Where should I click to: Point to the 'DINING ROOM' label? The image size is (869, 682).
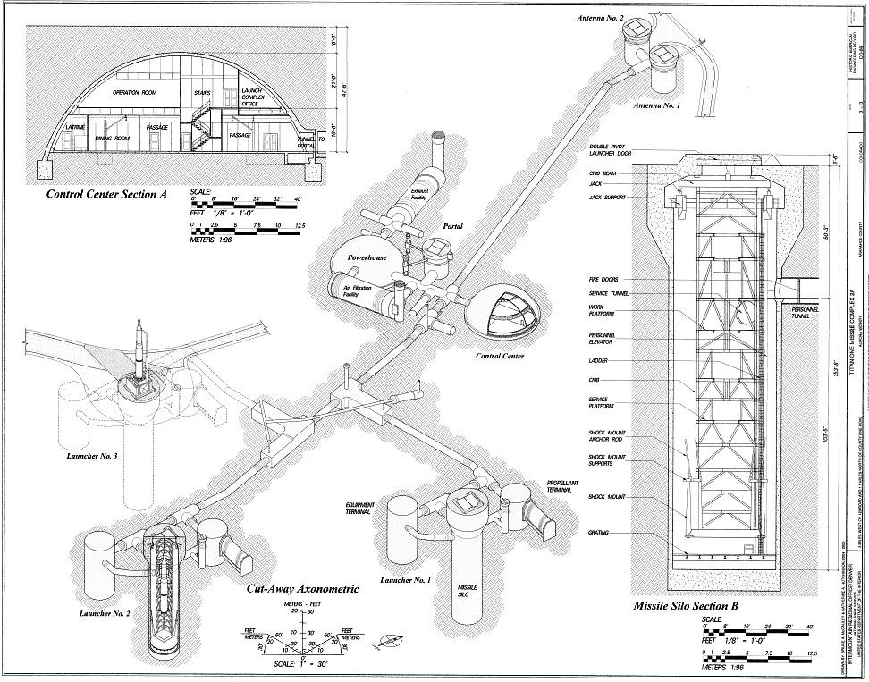pos(114,139)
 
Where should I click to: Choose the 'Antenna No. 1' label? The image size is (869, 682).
pos(657,105)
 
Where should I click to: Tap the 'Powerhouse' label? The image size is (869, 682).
pos(363,255)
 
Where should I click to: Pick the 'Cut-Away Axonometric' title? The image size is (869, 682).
pos(303,589)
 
